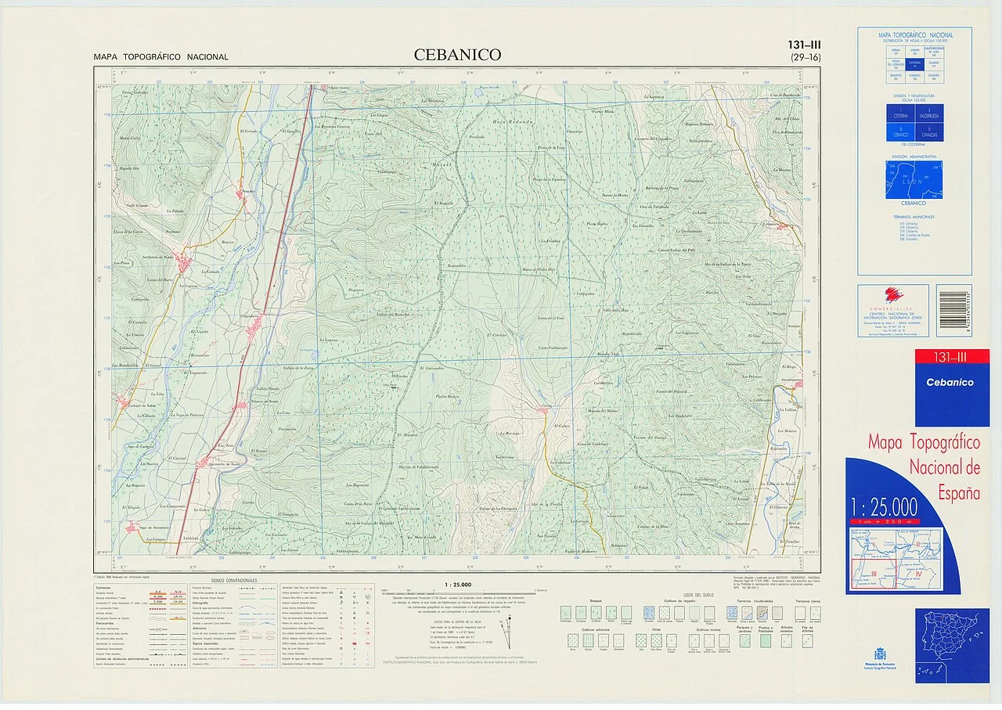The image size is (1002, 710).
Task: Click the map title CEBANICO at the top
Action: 458,55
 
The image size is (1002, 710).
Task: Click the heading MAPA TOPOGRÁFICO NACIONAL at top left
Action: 160,57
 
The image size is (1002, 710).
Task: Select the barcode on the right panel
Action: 953,310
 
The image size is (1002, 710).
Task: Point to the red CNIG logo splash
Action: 893,296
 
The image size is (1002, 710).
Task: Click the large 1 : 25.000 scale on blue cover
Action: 884,505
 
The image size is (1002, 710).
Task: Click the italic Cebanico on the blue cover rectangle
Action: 950,383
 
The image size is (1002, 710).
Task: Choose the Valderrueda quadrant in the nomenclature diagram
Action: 929,114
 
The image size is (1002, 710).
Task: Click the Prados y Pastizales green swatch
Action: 765,640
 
